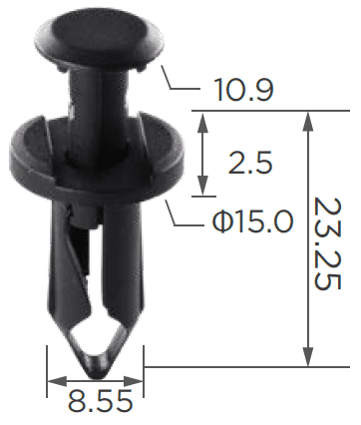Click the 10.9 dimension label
[244, 90]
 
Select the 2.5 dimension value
[250, 163]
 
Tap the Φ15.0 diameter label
[253, 220]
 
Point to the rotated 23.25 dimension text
[328, 243]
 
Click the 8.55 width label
[100, 402]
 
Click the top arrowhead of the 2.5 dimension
[202, 122]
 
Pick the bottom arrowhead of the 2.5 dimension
[202, 186]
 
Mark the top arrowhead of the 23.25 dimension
[308, 122]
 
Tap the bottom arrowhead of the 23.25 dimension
[308, 356]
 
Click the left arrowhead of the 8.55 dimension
[57, 381]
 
